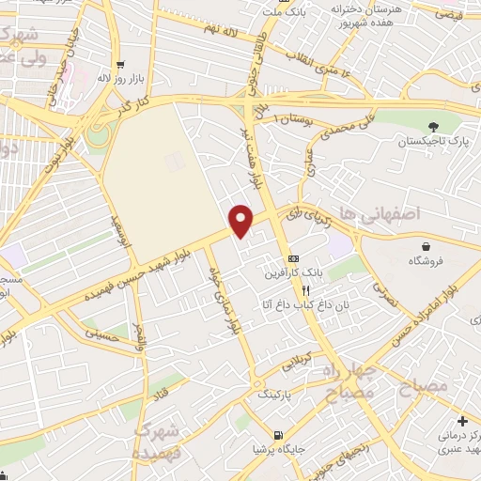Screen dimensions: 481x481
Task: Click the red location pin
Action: click(x=241, y=220)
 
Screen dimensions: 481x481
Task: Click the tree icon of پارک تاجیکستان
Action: click(x=432, y=127)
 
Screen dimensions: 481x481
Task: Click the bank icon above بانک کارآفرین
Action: click(x=294, y=257)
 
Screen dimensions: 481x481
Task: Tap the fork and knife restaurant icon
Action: click(x=305, y=290)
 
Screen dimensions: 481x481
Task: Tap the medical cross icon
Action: click(x=463, y=419)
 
